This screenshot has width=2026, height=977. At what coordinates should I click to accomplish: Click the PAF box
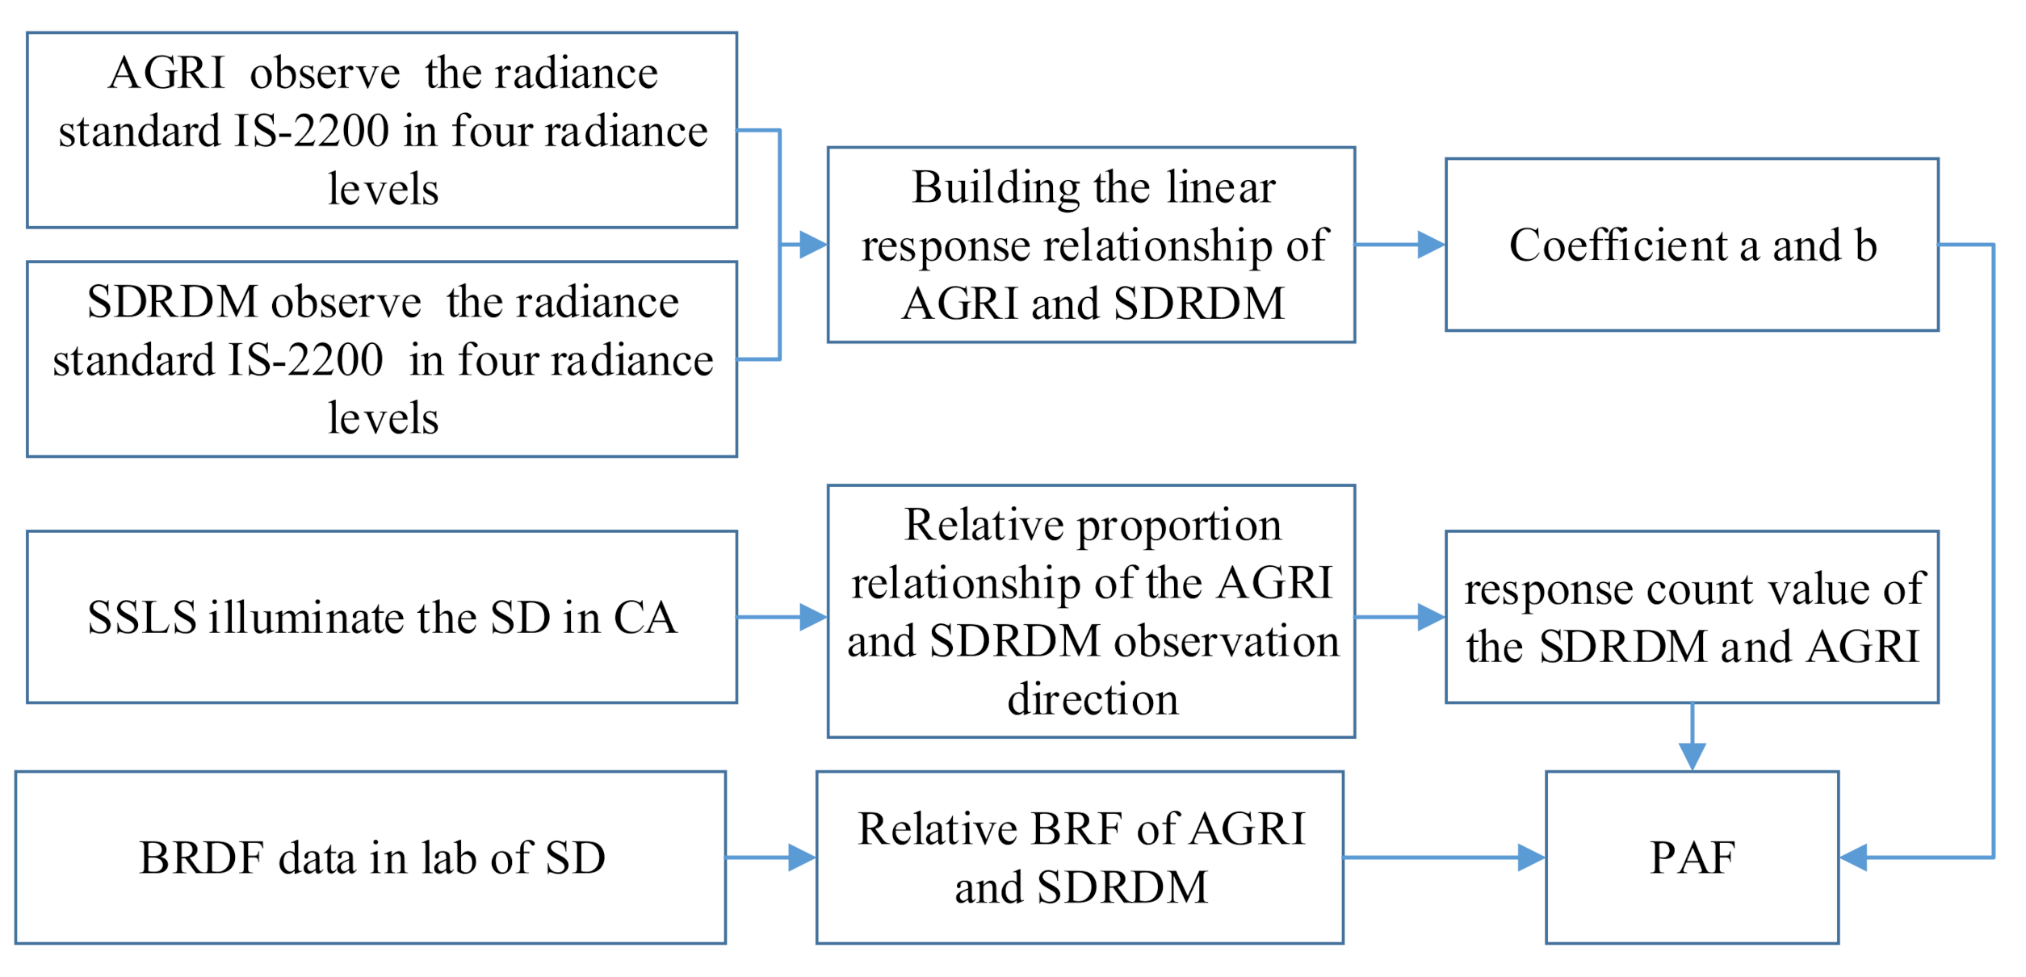coord(1693,858)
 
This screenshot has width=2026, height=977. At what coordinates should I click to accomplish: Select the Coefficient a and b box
coord(1693,245)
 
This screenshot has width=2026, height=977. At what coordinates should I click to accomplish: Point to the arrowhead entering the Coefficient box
coord(1432,245)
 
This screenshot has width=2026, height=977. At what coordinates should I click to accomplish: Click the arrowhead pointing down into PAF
coord(1693,757)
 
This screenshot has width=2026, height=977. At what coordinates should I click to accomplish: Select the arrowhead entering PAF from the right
coord(1854,858)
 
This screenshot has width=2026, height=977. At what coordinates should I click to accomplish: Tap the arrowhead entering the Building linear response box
coord(813,245)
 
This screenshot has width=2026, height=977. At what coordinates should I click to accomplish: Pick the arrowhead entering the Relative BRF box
coord(802,858)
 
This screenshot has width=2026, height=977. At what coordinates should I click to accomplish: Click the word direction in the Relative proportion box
coord(1093,699)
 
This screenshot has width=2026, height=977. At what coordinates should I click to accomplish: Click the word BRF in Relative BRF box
coord(1077,829)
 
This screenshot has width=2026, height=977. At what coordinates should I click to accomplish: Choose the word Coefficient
coord(1617,245)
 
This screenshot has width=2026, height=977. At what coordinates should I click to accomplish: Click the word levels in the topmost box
coord(383,190)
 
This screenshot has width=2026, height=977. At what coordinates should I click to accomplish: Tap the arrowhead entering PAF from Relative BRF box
coord(1531,858)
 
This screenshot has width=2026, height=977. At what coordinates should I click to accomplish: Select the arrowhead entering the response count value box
coord(1432,618)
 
